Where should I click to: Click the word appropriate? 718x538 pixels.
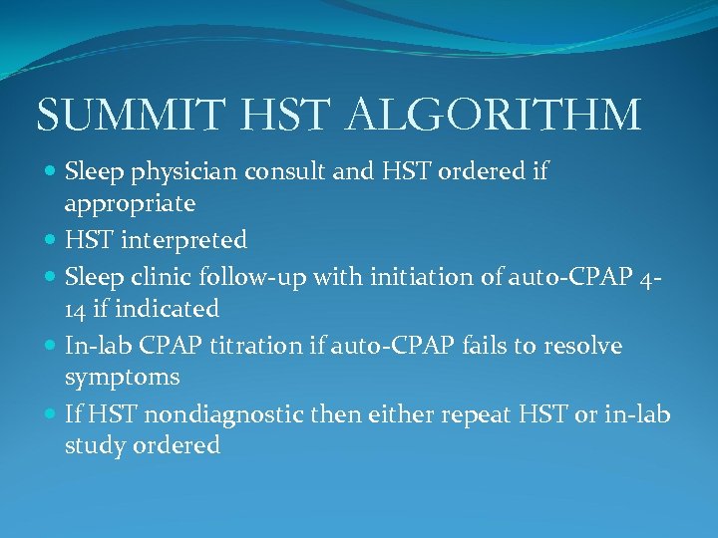point(130,204)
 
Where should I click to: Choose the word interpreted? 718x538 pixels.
point(184,240)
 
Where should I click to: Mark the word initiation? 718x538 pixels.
point(400,275)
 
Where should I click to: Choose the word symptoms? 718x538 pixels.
point(122,378)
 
